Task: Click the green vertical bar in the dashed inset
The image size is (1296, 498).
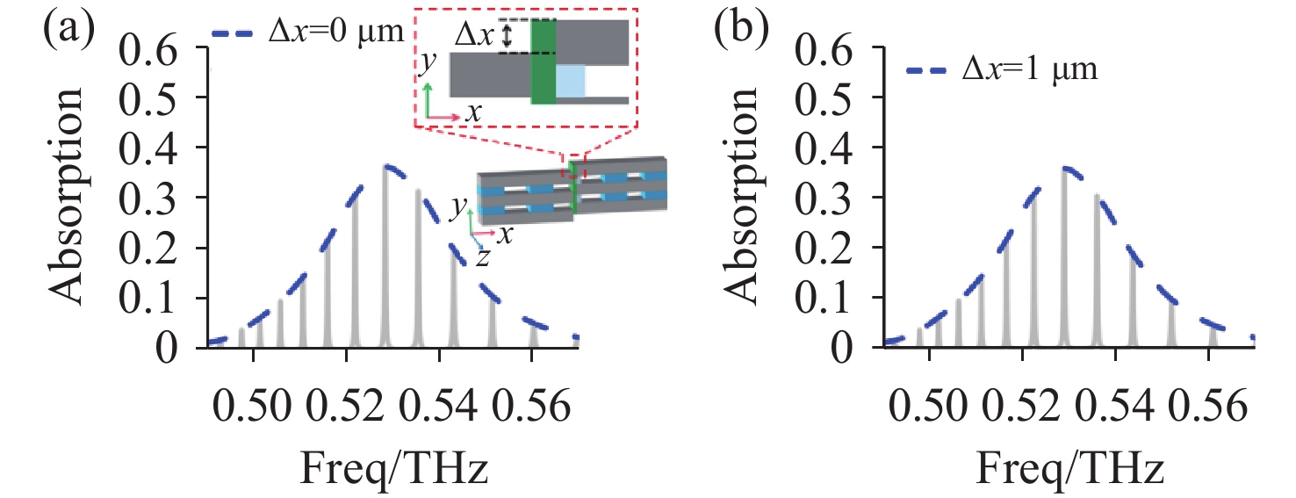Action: [544, 61]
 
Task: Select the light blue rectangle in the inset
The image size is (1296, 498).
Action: [570, 81]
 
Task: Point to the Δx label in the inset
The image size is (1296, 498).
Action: [475, 36]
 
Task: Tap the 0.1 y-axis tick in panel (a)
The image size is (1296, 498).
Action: [168, 298]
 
